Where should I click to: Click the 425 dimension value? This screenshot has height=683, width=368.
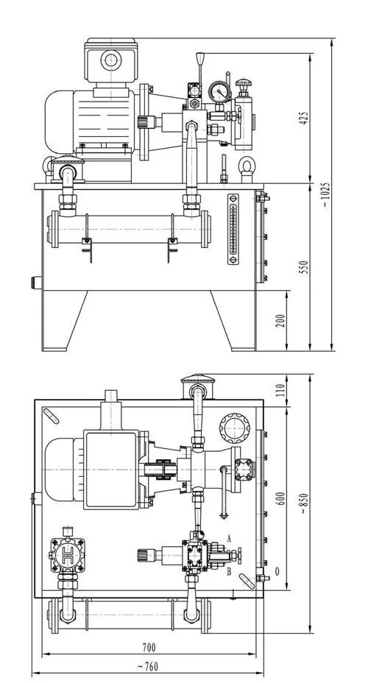pos(303,118)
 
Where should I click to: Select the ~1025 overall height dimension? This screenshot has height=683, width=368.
pos(326,194)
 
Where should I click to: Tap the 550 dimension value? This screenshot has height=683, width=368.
pos(304,267)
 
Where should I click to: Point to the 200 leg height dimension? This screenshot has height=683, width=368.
pos(281,320)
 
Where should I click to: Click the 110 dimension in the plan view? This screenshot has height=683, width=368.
pos(281,389)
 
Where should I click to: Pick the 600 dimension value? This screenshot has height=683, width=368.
pos(281,498)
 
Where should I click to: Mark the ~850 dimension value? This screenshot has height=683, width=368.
pos(303,503)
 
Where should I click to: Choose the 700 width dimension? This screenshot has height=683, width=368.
pos(149,648)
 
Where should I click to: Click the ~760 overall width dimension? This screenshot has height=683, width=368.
pos(148,667)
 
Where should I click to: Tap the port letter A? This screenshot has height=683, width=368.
pos(230,539)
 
